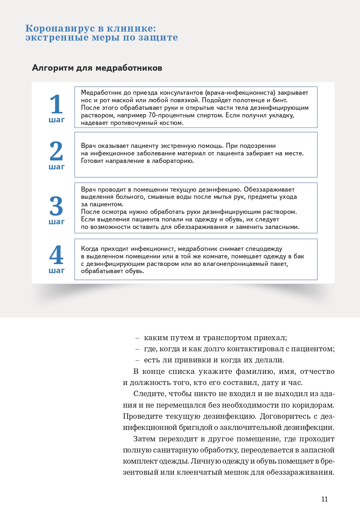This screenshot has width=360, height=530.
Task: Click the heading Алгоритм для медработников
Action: (97, 68)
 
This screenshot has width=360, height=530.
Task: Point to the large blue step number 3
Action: (56, 206)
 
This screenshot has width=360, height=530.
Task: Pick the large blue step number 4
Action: (56, 255)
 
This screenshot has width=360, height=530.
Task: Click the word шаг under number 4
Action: (57, 271)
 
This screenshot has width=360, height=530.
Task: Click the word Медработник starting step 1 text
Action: (101, 93)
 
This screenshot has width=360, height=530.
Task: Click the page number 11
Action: (325, 499)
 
